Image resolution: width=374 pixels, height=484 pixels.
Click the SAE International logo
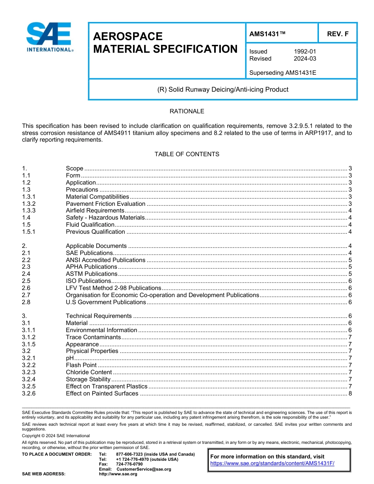(50, 37)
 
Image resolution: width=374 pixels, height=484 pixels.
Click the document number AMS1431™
(267, 34)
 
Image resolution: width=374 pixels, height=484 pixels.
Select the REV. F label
(337, 34)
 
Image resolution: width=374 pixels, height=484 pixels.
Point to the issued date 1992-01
(305, 52)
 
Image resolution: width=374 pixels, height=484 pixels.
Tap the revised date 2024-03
(305, 59)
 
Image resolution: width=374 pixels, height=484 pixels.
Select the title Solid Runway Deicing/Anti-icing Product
(222, 89)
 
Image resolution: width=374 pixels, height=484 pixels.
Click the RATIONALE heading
(187, 111)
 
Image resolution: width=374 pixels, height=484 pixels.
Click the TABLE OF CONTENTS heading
(187, 154)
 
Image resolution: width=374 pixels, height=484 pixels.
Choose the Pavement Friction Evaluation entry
(106, 204)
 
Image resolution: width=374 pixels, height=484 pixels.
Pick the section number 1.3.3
(29, 211)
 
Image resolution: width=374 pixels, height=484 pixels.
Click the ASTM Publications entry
(91, 274)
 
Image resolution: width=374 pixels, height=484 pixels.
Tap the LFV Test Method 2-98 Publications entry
(113, 288)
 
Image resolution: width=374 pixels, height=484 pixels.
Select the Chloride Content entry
(89, 372)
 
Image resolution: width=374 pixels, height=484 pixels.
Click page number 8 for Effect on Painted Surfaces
(350, 393)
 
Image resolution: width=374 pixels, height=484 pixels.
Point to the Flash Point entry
(81, 365)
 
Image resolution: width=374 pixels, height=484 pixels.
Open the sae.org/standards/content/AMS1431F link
(272, 464)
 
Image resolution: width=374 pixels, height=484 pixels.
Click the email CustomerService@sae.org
(144, 469)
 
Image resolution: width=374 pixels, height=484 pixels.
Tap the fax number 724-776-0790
(129, 464)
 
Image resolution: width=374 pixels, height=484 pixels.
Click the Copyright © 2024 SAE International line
(56, 436)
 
